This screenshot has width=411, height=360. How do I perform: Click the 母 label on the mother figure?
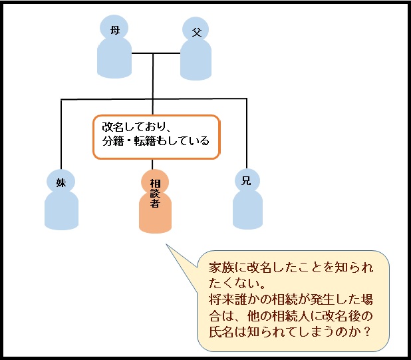point(114,29)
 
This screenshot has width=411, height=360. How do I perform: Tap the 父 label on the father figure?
point(196,32)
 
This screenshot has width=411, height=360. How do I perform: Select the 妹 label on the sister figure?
point(61,181)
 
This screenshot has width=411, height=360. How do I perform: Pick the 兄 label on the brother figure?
point(246,180)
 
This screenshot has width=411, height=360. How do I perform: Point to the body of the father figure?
point(196,61)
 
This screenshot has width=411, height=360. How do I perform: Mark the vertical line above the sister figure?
point(61,133)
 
